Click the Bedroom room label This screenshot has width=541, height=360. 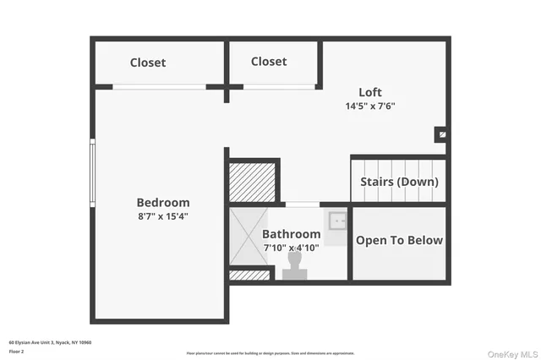coord(163,203)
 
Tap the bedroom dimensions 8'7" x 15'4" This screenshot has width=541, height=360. coord(163,216)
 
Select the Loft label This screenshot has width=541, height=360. coord(370,92)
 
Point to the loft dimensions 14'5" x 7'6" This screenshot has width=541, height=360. coord(370,106)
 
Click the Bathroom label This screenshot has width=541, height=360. coord(291,234)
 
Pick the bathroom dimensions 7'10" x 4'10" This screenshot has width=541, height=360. coord(291,248)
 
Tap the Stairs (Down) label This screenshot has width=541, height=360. coord(399,182)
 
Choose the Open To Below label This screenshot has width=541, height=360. coord(399,241)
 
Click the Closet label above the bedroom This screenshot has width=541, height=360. coord(148,63)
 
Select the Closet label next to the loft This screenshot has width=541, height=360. coord(269,62)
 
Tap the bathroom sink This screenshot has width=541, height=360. coord(338,222)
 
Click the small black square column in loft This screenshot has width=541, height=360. coord(440,134)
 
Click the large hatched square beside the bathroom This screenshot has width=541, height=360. coord(253,182)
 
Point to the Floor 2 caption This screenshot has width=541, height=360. coord(17,351)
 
